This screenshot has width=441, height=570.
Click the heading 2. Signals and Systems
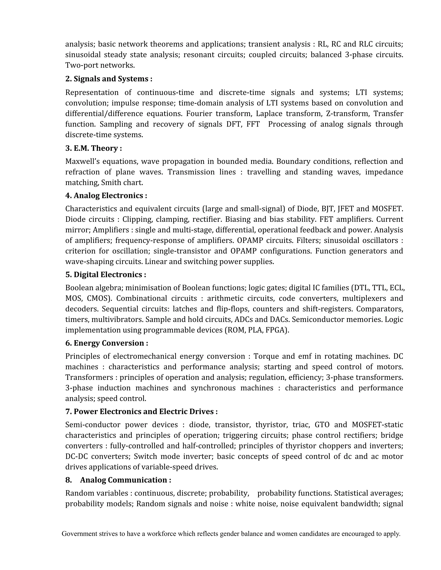coord(109,79)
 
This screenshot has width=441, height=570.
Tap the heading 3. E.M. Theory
coord(93,148)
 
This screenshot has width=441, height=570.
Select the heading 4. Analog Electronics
coord(106,196)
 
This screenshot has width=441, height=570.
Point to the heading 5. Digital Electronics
coord(106,274)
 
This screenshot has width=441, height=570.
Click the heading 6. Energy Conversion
coord(107,343)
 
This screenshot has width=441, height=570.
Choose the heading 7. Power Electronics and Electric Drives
coord(141,411)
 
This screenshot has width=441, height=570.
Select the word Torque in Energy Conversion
coord(266,356)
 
